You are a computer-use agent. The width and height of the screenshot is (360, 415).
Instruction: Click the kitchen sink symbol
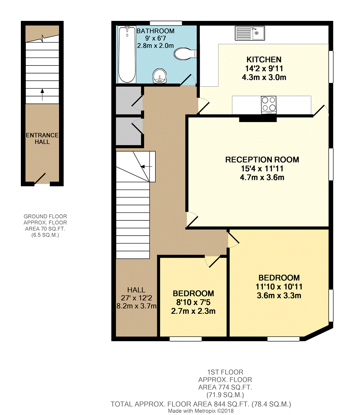point(250,33)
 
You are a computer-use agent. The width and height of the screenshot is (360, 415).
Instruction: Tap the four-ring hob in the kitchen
point(269,105)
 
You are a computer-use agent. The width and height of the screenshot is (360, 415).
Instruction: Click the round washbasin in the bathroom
point(160,76)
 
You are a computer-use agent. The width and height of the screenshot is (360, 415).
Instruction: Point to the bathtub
point(127,54)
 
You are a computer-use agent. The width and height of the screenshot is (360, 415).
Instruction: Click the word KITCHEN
point(264,59)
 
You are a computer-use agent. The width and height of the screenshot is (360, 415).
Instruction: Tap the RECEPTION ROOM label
point(262,160)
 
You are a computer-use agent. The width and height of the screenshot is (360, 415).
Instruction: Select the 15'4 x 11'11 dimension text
point(262,169)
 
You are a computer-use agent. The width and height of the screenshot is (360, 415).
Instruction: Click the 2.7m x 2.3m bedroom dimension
point(193,311)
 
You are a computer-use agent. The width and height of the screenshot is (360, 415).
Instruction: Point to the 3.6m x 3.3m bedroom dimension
point(279,296)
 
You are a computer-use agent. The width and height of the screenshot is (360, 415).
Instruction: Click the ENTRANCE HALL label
point(42,138)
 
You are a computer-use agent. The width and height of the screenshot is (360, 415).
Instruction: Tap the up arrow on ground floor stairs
point(42,94)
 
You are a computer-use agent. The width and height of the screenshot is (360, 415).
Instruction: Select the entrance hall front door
point(40,178)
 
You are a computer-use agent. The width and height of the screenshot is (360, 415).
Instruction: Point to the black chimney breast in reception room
point(258,119)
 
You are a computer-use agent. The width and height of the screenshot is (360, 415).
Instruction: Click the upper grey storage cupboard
point(129,100)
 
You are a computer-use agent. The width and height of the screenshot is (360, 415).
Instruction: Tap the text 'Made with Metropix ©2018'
point(201,411)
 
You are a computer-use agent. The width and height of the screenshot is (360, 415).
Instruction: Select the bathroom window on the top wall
point(166,23)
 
